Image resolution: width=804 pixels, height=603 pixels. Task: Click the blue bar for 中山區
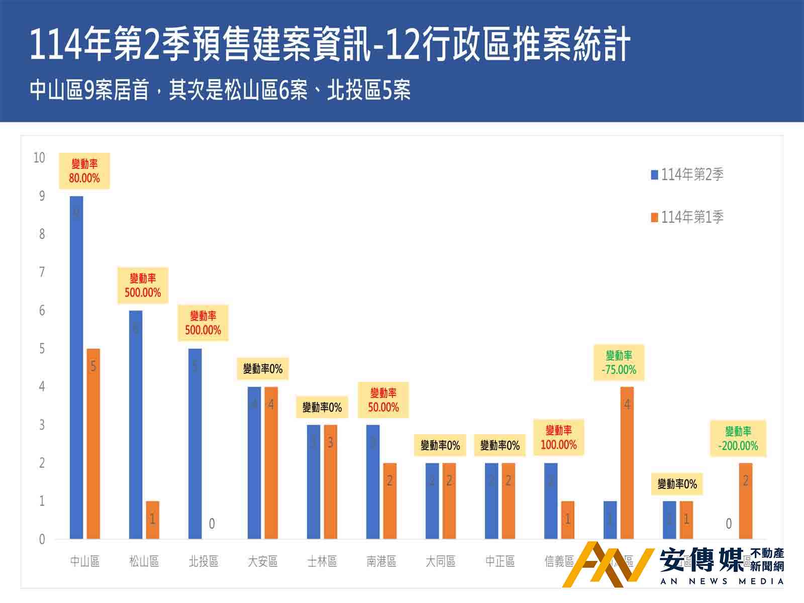pos(76,367)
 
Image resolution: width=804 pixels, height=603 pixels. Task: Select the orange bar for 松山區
pos(153,520)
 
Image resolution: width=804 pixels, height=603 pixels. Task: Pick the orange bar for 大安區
pos(271,462)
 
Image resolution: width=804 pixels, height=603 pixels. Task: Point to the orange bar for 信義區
pos(568,520)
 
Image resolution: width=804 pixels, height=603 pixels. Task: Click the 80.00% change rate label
pos(84,171)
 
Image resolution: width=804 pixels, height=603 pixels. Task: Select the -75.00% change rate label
pos(619,363)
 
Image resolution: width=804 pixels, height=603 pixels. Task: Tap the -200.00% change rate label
pos(738,439)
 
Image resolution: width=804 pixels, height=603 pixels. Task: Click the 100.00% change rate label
pos(559,438)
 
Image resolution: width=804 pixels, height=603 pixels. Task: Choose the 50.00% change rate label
pos(383,400)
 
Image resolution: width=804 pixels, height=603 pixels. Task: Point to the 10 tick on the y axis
pos(39,158)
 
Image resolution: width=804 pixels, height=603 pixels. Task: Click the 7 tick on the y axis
pos(42,272)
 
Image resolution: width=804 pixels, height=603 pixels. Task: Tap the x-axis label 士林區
pos(322,561)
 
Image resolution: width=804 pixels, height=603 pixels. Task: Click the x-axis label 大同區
pos(441,561)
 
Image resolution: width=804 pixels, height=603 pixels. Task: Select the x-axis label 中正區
pos(500,561)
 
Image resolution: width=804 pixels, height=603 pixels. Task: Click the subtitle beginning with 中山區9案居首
pos(220,90)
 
